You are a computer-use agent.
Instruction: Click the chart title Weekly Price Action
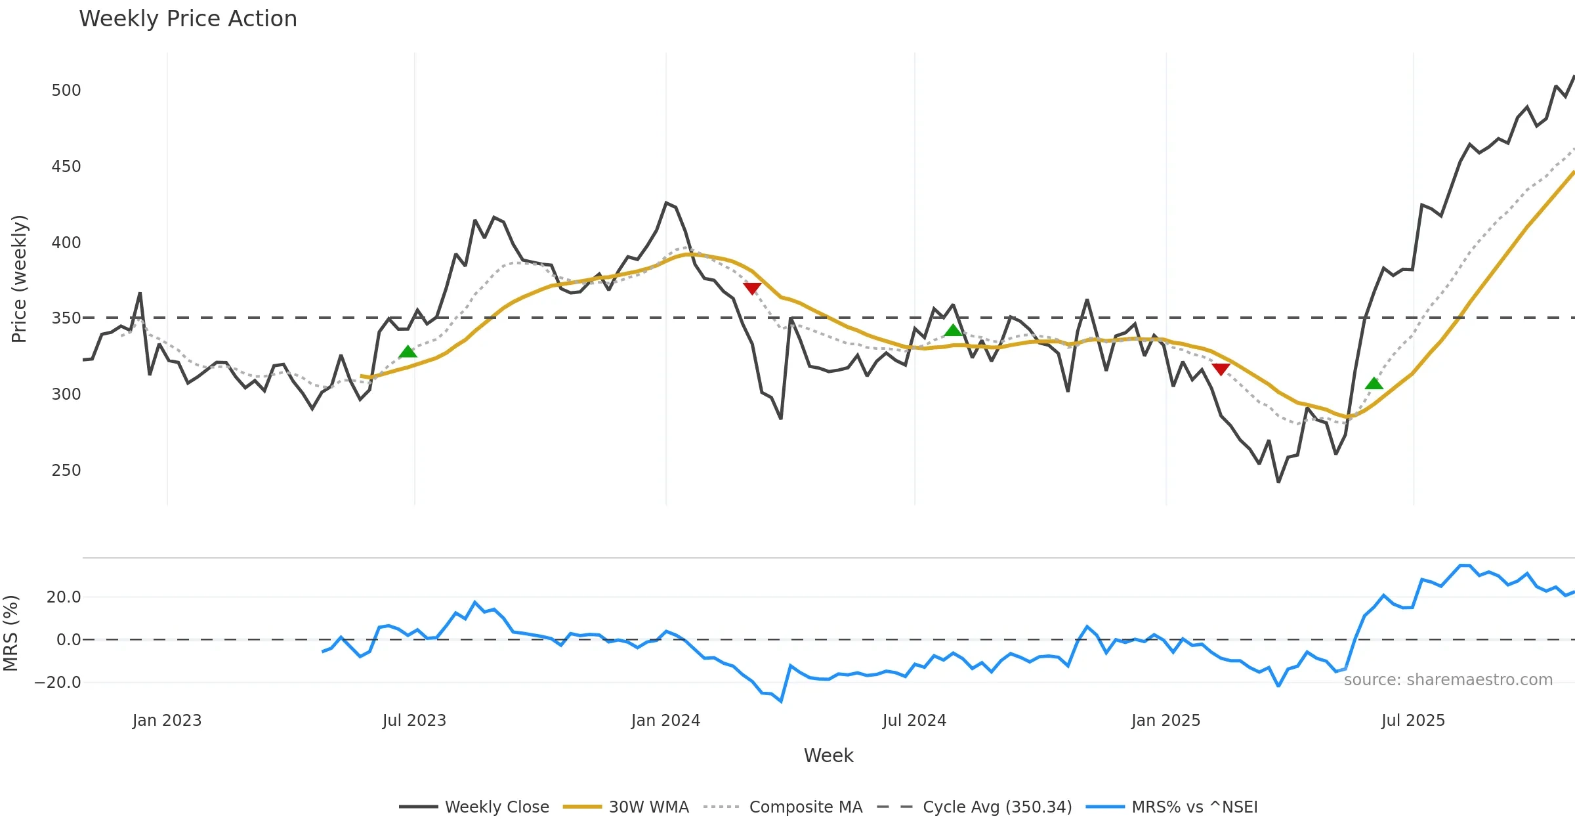(188, 19)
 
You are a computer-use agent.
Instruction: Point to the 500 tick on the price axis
(66, 91)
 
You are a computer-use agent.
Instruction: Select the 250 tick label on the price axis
(66, 471)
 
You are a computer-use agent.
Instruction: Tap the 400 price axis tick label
(66, 243)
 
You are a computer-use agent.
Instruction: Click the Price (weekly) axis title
(19, 279)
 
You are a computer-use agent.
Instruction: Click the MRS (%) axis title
(10, 633)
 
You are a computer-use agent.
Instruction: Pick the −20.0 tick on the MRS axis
(58, 683)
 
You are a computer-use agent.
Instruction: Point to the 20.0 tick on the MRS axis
(64, 597)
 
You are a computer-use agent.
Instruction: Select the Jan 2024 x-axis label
(665, 721)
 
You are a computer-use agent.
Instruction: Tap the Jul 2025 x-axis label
(1413, 721)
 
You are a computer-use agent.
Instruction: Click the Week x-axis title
(828, 756)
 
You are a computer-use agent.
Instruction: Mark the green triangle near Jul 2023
(408, 352)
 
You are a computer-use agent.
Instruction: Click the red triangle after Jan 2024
(752, 288)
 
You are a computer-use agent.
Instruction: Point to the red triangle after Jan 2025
(1221, 370)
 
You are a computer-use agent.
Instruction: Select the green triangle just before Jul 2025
(1374, 384)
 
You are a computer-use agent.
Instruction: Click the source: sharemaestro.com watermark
(1448, 680)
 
